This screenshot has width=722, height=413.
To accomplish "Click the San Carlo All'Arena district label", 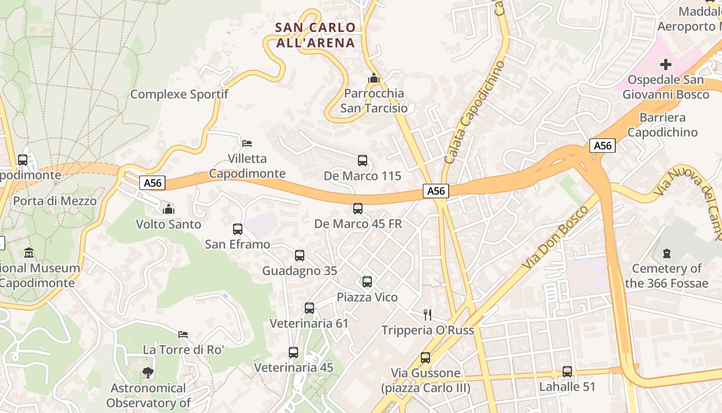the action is pos(316,35).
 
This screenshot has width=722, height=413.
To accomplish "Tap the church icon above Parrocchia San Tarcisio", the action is pos(373,78).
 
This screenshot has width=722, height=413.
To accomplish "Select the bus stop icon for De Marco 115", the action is pos(363,161).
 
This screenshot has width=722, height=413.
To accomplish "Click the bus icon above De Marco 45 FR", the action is pos(358,209).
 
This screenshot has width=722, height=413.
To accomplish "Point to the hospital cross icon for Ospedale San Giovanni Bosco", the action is pos(666,65).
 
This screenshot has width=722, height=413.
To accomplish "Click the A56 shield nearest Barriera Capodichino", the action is pos(602,146).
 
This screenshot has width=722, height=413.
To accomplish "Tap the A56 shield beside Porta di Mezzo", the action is pos(152,183).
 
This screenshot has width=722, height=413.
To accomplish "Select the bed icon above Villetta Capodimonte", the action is pos(247,143).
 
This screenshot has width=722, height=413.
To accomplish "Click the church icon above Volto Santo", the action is pos(168,209).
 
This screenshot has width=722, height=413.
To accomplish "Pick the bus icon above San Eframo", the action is pos(238,229).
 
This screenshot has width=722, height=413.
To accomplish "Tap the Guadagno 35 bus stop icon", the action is pos(300,256).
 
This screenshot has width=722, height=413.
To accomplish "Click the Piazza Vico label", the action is pos(367,297).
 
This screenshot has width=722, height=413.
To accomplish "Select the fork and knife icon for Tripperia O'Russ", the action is pos(427,314).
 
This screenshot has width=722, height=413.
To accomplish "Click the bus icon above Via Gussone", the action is pos(425,357).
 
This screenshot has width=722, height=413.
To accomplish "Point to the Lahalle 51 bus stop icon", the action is pos(567,371).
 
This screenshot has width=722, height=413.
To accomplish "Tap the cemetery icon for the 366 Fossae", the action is pos(666,253).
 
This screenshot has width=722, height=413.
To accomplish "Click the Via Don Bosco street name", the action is pos(556,237).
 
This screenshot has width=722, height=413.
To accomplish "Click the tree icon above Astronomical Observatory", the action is pos(148,372).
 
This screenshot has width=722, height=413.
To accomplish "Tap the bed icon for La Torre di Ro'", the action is pos(183,334).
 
